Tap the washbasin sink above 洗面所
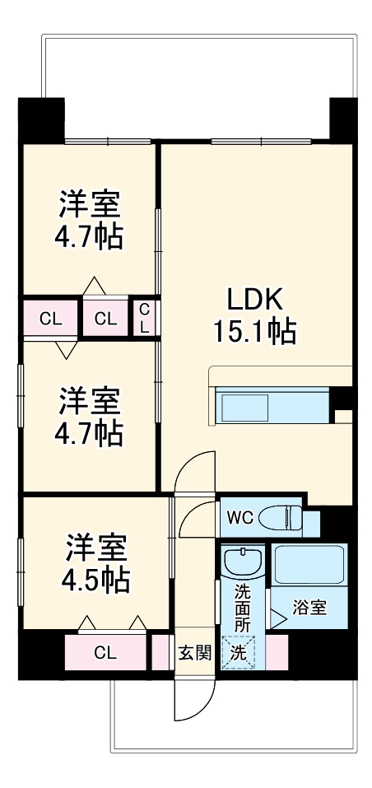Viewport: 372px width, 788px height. coord(242,563)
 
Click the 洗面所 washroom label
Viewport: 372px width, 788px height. coord(242,608)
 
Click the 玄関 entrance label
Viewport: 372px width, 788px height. coord(195,654)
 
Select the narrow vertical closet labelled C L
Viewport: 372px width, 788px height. coord(144,317)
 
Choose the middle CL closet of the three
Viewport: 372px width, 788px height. coord(105,319)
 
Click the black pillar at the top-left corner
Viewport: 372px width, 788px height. coord(41,119)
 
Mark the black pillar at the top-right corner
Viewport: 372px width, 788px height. coord(343,119)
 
